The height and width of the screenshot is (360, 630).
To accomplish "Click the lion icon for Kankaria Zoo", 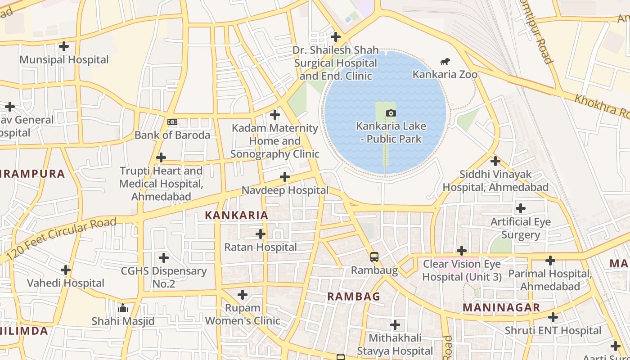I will pyautogui.click(x=445, y=61).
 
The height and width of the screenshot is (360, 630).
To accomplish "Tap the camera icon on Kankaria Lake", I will pyautogui.click(x=391, y=113).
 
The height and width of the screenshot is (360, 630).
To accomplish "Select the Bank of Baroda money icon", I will pyautogui.click(x=172, y=122).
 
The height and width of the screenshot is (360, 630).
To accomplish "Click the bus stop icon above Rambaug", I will pyautogui.click(x=374, y=257).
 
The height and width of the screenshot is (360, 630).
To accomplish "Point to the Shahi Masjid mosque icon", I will pyautogui.click(x=122, y=308).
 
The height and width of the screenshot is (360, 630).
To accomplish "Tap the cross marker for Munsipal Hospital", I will pyautogui.click(x=64, y=46).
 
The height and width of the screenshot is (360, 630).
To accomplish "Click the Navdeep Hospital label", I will pyautogui.click(x=285, y=190).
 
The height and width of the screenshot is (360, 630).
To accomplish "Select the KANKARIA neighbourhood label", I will pyautogui.click(x=236, y=215).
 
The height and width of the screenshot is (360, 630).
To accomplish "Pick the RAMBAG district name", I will pyautogui.click(x=353, y=297).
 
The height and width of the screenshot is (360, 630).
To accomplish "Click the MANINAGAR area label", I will pyautogui.click(x=501, y=308).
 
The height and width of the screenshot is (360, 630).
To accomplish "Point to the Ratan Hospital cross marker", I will pyautogui.click(x=260, y=234).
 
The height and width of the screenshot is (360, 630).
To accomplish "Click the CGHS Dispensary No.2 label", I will pyautogui.click(x=164, y=277).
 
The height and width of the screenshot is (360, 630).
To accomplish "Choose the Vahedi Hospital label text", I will pyautogui.click(x=66, y=283).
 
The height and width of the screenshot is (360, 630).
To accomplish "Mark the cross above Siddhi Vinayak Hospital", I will pyautogui.click(x=495, y=161).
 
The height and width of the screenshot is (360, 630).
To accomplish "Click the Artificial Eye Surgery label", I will pyautogui.click(x=521, y=228).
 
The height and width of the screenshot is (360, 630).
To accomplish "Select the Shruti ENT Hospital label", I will pyautogui.click(x=553, y=331).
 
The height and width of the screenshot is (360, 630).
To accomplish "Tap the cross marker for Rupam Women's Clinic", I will pyautogui.click(x=243, y=295).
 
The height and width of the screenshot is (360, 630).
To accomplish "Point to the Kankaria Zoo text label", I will pyautogui.click(x=445, y=74).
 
